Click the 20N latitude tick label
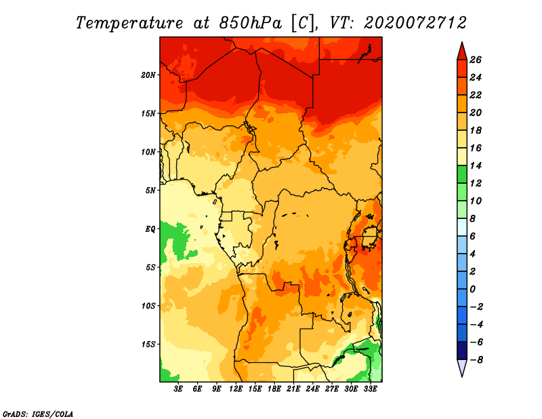[148, 75]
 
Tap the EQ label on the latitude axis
[150, 229]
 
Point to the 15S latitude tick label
[148, 344]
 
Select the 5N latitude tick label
[150, 191]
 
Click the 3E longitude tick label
[178, 388]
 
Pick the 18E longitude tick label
[274, 388]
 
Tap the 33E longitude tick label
[370, 388]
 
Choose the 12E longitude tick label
[235, 388]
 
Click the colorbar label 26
[476, 60]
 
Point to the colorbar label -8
[476, 360]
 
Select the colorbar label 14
[476, 165]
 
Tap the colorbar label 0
[472, 289]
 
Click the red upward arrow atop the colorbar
[462, 52]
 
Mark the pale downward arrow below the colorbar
[462, 367]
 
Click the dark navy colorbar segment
[462, 351]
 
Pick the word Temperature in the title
[129, 23]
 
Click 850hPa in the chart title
[251, 23]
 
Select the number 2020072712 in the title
[415, 23]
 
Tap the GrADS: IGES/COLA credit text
[38, 414]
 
